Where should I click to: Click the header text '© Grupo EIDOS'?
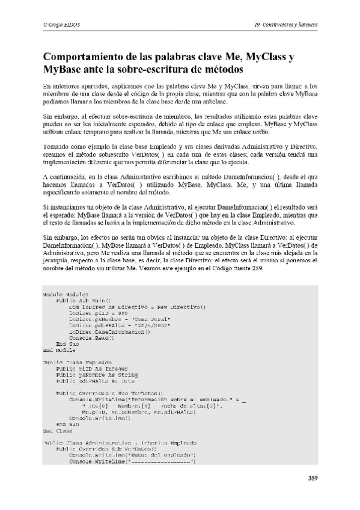(63, 25)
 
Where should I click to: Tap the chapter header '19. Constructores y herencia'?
(285, 25)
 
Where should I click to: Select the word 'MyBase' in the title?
(62, 70)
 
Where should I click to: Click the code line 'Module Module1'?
(61, 294)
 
